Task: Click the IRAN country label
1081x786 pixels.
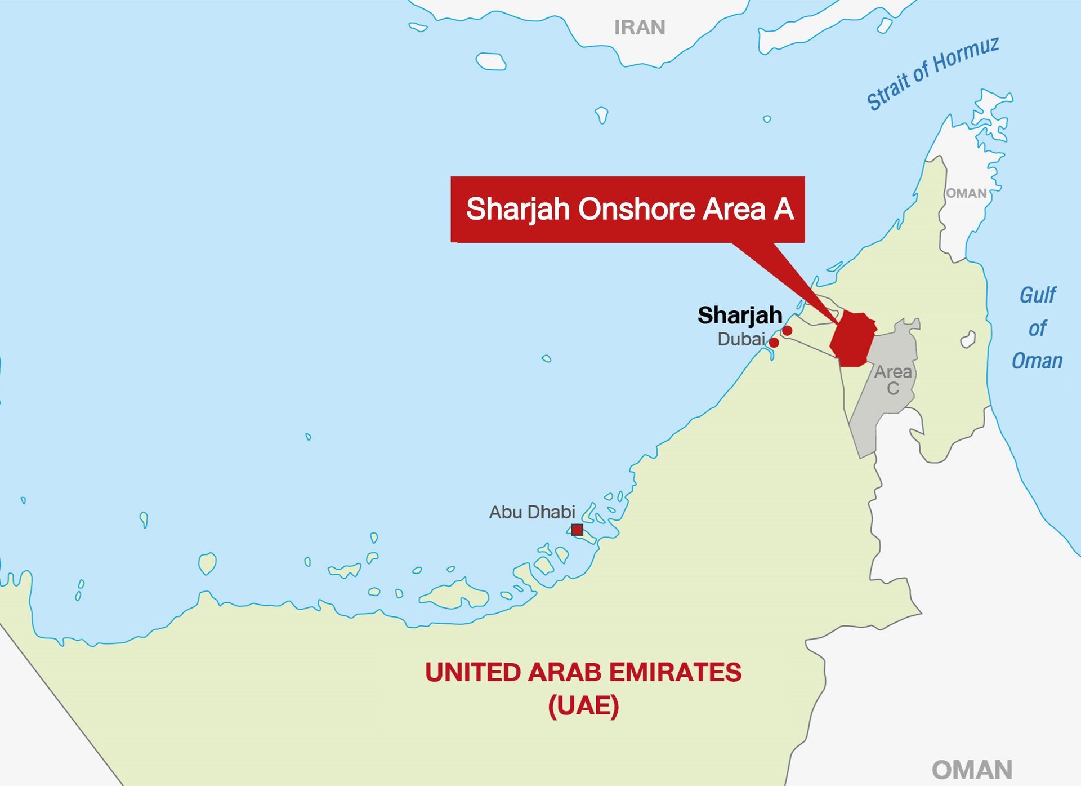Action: [x=639, y=27]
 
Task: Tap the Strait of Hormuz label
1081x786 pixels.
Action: [x=932, y=73]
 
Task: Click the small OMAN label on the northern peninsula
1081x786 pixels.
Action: [x=966, y=193]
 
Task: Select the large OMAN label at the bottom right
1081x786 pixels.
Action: [x=972, y=770]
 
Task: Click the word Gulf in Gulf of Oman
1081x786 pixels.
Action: [x=1038, y=295]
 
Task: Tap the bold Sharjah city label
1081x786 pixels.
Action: [x=739, y=316]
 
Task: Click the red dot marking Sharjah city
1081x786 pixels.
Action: [x=787, y=331]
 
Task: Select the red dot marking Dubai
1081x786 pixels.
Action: [x=774, y=343]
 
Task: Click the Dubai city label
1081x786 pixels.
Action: [x=741, y=339]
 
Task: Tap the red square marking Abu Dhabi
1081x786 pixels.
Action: [x=577, y=530]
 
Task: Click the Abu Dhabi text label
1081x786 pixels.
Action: [x=531, y=512]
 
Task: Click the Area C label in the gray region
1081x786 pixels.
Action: [x=892, y=380]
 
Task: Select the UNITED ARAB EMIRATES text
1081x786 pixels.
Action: [x=583, y=672]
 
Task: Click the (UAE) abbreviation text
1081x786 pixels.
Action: [x=583, y=705]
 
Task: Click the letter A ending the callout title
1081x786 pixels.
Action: [x=783, y=209]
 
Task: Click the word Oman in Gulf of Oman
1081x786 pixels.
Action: [x=1037, y=361]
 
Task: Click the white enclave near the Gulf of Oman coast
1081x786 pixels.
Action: [x=968, y=340]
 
